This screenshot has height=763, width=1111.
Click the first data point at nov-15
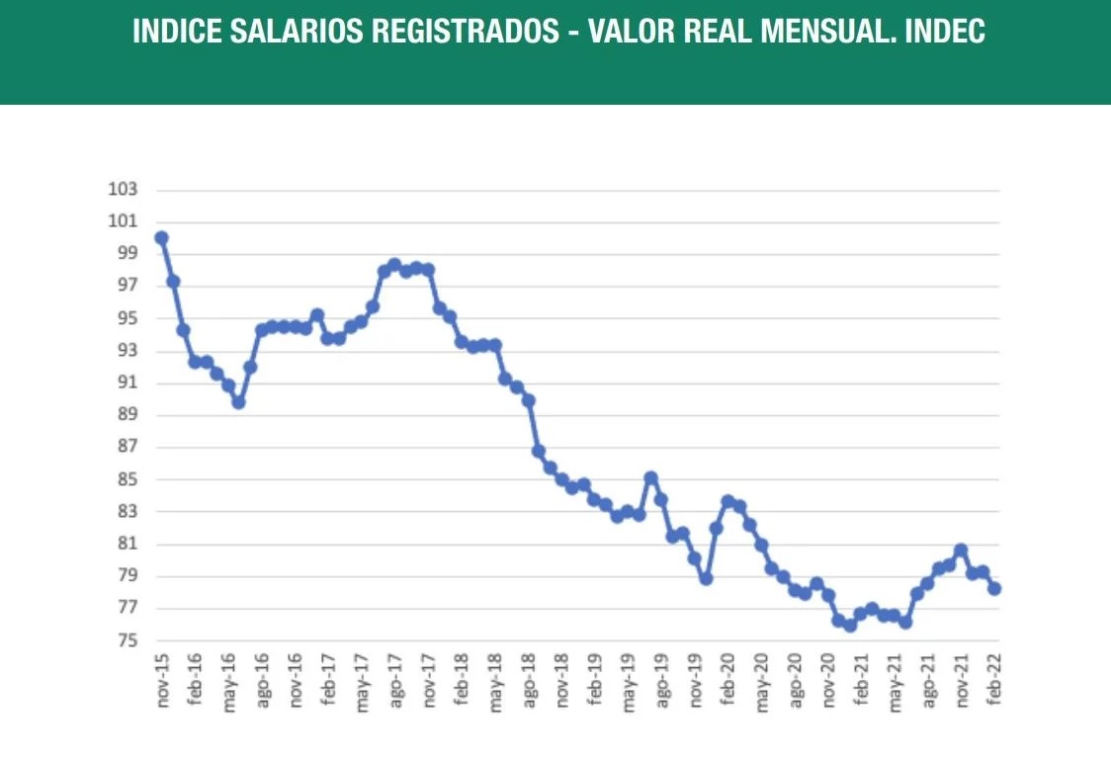(x=161, y=237)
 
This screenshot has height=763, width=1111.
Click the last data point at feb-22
(x=994, y=588)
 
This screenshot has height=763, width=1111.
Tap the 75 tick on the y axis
(x=127, y=641)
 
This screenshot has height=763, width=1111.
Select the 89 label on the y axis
(x=127, y=415)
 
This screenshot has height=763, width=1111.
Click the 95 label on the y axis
(x=127, y=318)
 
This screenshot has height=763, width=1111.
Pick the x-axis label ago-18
(x=528, y=681)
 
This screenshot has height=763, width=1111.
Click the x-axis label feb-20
(x=727, y=681)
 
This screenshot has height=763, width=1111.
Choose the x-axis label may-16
(x=229, y=681)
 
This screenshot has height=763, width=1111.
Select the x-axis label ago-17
(x=394, y=681)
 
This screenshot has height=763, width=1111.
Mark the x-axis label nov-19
(x=694, y=681)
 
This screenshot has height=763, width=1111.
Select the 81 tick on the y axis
(x=127, y=545)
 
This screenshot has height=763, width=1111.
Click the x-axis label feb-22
(x=994, y=681)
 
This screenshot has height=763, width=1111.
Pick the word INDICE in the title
(x=175, y=32)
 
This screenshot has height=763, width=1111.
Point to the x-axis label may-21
(x=894, y=681)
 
